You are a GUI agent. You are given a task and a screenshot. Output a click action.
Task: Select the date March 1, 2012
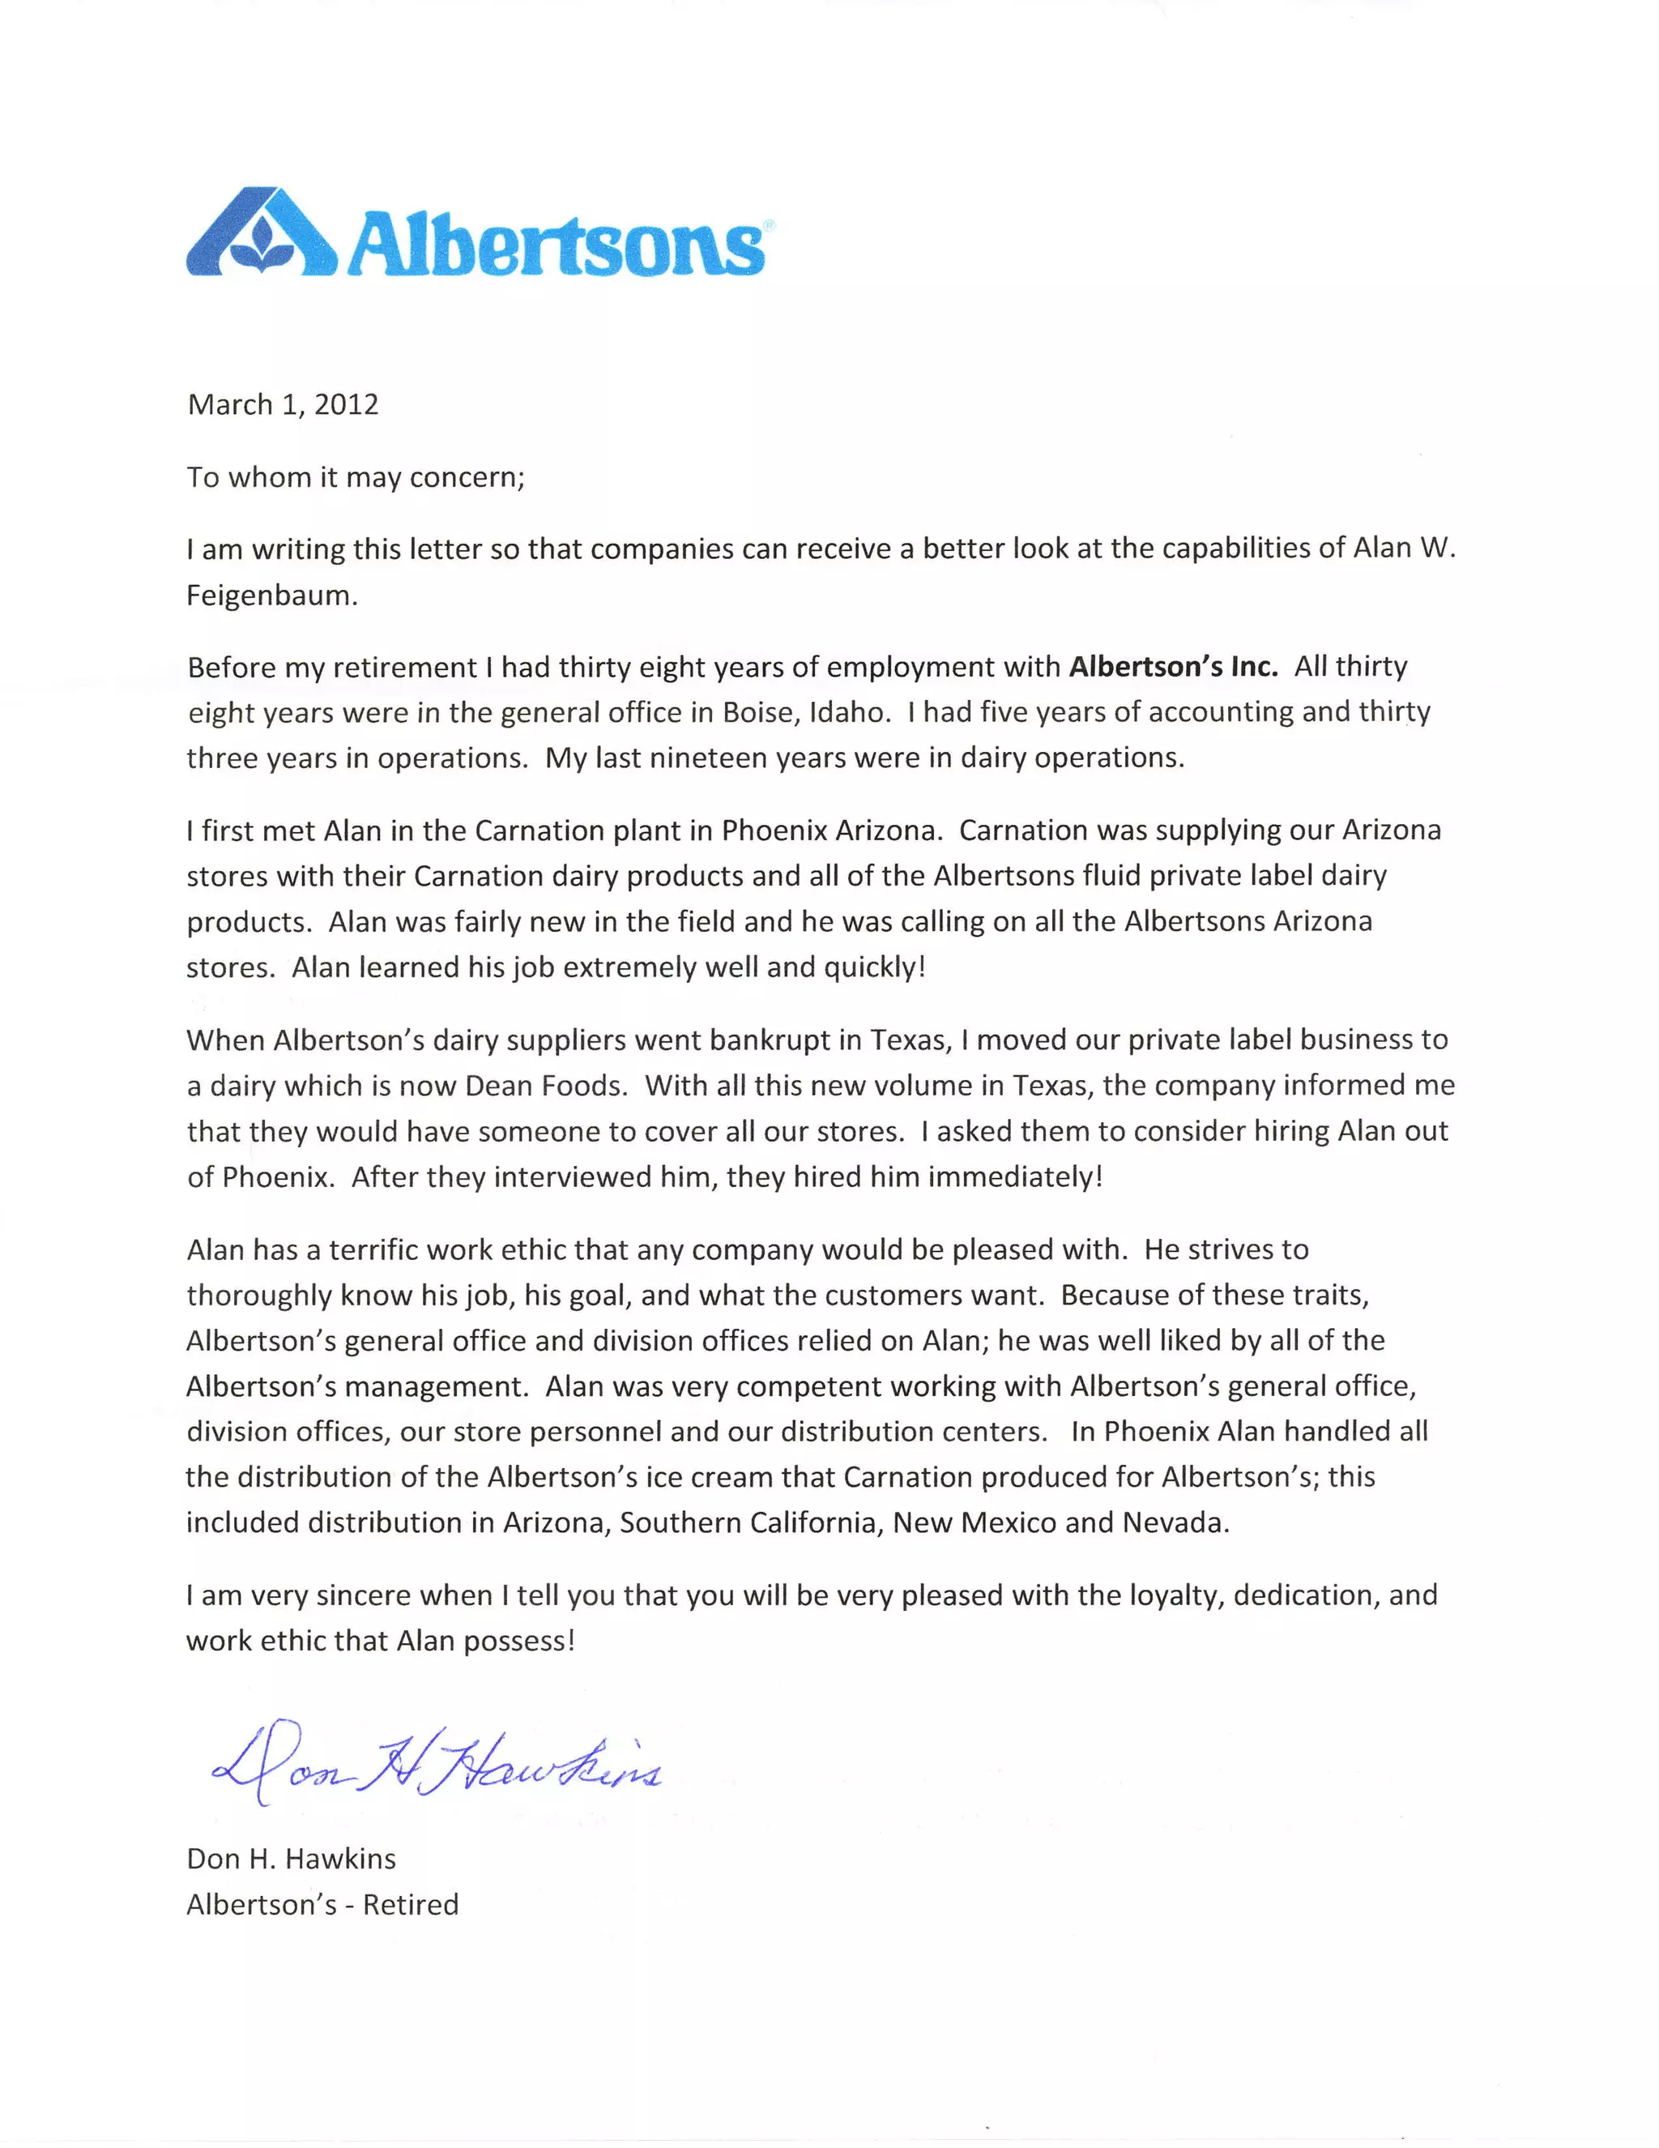pos(284,404)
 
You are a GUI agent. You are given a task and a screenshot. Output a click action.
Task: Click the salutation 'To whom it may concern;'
pos(356,477)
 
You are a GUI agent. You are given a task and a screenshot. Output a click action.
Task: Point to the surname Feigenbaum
pos(271,595)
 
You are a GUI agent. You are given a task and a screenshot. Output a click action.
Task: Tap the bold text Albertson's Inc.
pos(1173,667)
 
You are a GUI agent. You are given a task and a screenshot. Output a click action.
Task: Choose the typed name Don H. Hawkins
pos(291,1859)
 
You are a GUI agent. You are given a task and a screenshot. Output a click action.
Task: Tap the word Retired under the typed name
pos(410,1905)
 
